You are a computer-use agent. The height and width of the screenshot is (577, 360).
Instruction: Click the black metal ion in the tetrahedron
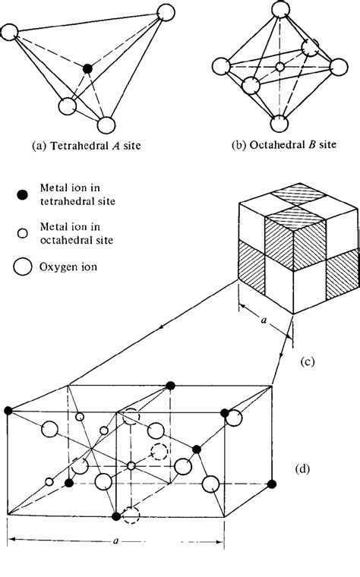[x=88, y=69]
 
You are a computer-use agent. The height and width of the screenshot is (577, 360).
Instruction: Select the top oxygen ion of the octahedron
[x=279, y=14]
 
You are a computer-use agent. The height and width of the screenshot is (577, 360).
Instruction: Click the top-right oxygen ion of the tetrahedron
[x=166, y=12]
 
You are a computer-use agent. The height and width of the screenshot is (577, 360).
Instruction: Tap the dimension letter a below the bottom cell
[x=114, y=544]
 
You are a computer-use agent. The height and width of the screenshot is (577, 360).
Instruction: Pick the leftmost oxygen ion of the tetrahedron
[x=10, y=32]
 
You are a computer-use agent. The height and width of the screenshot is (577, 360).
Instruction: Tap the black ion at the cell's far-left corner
[x=8, y=411]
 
